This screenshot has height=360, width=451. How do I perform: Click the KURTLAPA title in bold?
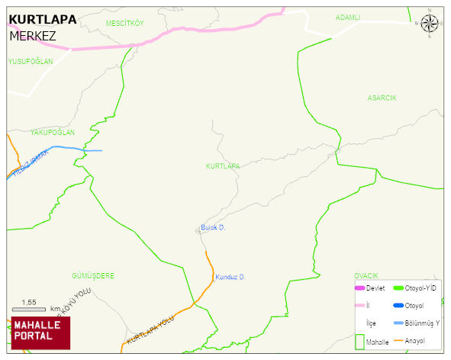coord(42,20)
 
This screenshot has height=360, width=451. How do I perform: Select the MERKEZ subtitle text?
coord(33,36)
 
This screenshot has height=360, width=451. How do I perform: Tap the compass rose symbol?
coord(430,24)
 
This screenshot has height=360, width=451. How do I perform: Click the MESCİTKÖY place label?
coord(124,24)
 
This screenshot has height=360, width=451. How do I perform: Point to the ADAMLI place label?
coord(347,17)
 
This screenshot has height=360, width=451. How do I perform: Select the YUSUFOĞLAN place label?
coord(30,61)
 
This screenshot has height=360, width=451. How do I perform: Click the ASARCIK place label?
coord(382,98)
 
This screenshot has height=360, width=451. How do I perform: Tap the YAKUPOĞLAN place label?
coord(53,133)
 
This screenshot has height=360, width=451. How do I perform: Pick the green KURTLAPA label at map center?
coord(223,166)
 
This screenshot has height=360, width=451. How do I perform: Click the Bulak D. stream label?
coord(213,227)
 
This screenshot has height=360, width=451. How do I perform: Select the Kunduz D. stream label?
coord(230,277)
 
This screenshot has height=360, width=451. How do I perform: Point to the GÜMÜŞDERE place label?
coord(92,275)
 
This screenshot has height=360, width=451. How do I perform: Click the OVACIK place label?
coord(366,275)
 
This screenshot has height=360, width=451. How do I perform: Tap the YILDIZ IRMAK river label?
coord(31,164)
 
